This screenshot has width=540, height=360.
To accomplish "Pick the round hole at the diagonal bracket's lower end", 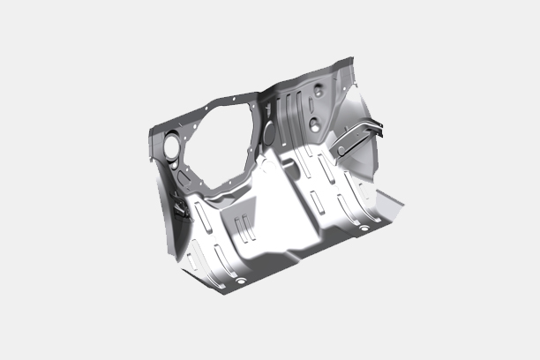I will [341, 151].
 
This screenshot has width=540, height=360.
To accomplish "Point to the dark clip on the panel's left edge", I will [180, 209].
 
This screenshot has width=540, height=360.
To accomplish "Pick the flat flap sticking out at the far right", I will [388, 208].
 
